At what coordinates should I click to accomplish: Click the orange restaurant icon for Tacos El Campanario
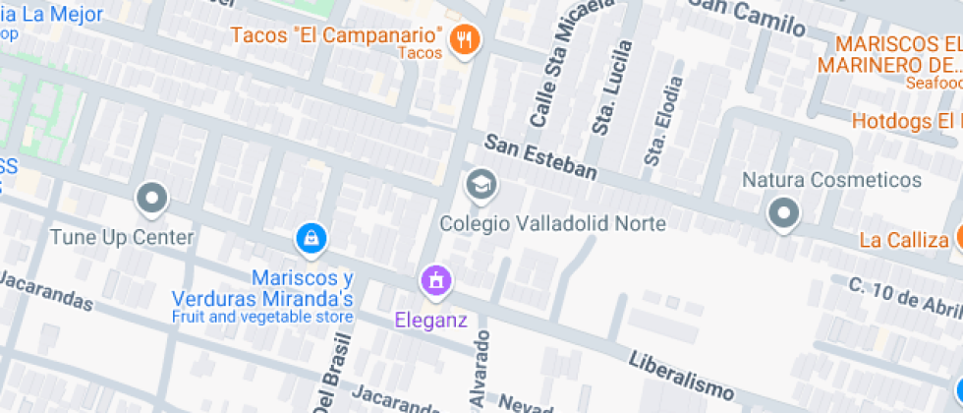[x=463, y=39]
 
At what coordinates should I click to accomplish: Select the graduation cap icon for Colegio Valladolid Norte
[x=481, y=184]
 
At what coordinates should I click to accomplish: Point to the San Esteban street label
[x=540, y=158]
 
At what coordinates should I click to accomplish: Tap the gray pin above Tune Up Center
[x=151, y=200]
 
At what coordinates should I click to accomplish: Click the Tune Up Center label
[x=122, y=237]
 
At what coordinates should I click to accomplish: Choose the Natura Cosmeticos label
[x=831, y=180]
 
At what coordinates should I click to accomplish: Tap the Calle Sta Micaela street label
[x=549, y=75]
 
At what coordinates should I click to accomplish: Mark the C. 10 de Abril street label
[x=904, y=296]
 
